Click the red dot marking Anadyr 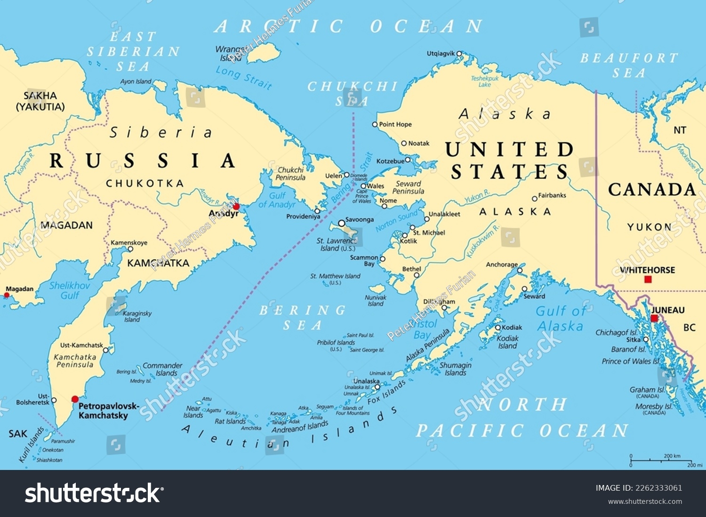(x=236, y=206)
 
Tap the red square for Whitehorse (x=648, y=279)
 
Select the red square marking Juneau (x=654, y=318)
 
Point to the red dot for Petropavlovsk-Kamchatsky (x=75, y=399)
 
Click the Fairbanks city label (x=552, y=195)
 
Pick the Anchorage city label (x=502, y=264)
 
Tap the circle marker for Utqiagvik (x=459, y=54)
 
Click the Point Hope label (x=395, y=125)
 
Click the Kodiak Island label (x=508, y=342)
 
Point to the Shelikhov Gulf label (x=70, y=290)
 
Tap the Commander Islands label (x=162, y=369)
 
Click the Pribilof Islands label (x=336, y=342)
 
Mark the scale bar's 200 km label (x=672, y=456)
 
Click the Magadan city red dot (x=7, y=295)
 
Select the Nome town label (x=388, y=200)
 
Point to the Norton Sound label (x=396, y=221)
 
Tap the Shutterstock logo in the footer (x=94, y=493)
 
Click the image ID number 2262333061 (x=659, y=488)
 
